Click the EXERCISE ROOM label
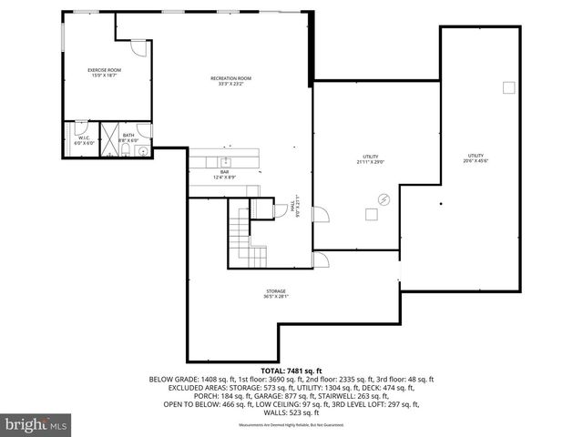[x=105, y=72]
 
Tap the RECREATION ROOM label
[x=230, y=81]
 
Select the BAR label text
[x=224, y=174]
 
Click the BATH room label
[x=128, y=137]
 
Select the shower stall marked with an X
[x=108, y=134]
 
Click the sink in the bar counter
[x=228, y=163]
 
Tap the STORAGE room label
[x=276, y=293]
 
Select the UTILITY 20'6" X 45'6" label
[x=476, y=158]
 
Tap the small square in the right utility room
[x=508, y=88]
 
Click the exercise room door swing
[x=136, y=46]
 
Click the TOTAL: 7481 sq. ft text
[x=291, y=371]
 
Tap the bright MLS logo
[x=36, y=424]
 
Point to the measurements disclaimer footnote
[x=291, y=425]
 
